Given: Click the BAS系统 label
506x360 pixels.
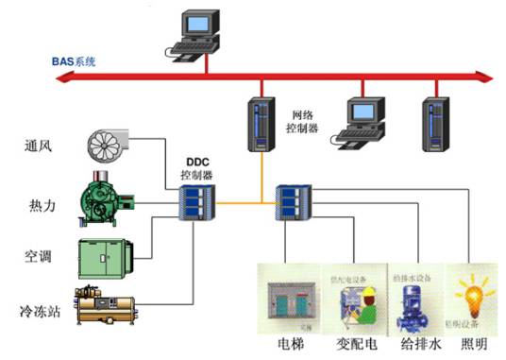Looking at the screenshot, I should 73,61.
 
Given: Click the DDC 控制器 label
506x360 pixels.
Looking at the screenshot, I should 195,169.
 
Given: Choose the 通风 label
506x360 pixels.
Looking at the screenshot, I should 42,146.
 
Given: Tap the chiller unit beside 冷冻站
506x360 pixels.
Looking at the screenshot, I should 107,306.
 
